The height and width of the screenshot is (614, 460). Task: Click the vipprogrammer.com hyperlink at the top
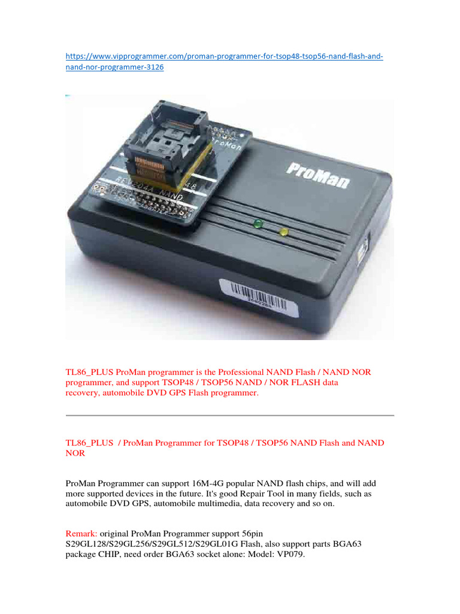pos(224,57)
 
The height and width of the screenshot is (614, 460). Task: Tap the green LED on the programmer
pos(258,224)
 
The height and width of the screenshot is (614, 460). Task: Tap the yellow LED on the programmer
pos(284,231)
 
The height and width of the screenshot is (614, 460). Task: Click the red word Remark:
pos(81,533)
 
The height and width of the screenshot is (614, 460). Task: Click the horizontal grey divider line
pos(229,415)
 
